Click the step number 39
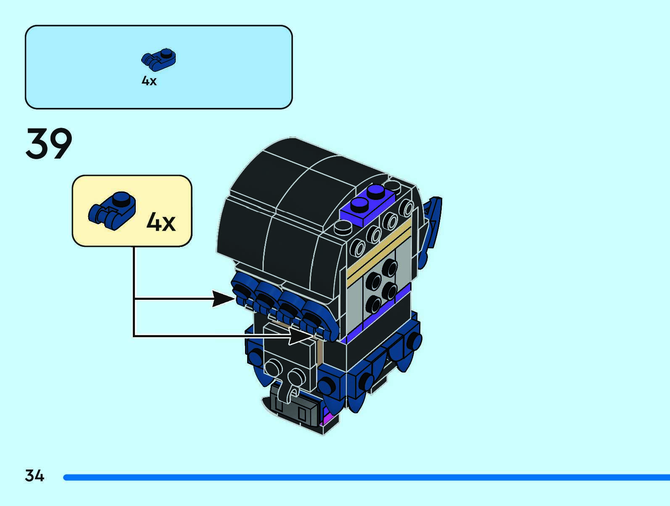49,144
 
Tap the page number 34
34,476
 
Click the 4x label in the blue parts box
149,81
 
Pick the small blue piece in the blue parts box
158,60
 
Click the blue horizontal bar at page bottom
366,477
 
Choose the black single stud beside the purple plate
343,228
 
